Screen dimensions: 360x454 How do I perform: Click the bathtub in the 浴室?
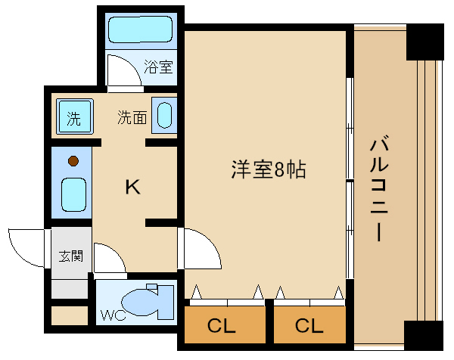(141, 31)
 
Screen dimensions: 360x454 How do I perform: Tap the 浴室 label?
(158, 67)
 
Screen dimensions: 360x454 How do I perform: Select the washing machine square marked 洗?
(74, 117)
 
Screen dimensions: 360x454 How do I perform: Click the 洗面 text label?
(132, 117)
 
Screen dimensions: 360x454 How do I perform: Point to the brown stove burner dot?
(73, 160)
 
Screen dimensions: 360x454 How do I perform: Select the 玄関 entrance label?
(71, 256)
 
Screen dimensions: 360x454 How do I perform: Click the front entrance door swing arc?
(26, 246)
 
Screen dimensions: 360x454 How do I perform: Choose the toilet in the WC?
(145, 303)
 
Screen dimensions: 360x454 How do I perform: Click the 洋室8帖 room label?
(268, 169)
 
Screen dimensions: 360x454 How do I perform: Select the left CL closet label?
(222, 326)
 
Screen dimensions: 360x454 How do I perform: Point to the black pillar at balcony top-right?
(424, 42)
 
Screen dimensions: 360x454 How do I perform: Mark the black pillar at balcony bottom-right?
(424, 337)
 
